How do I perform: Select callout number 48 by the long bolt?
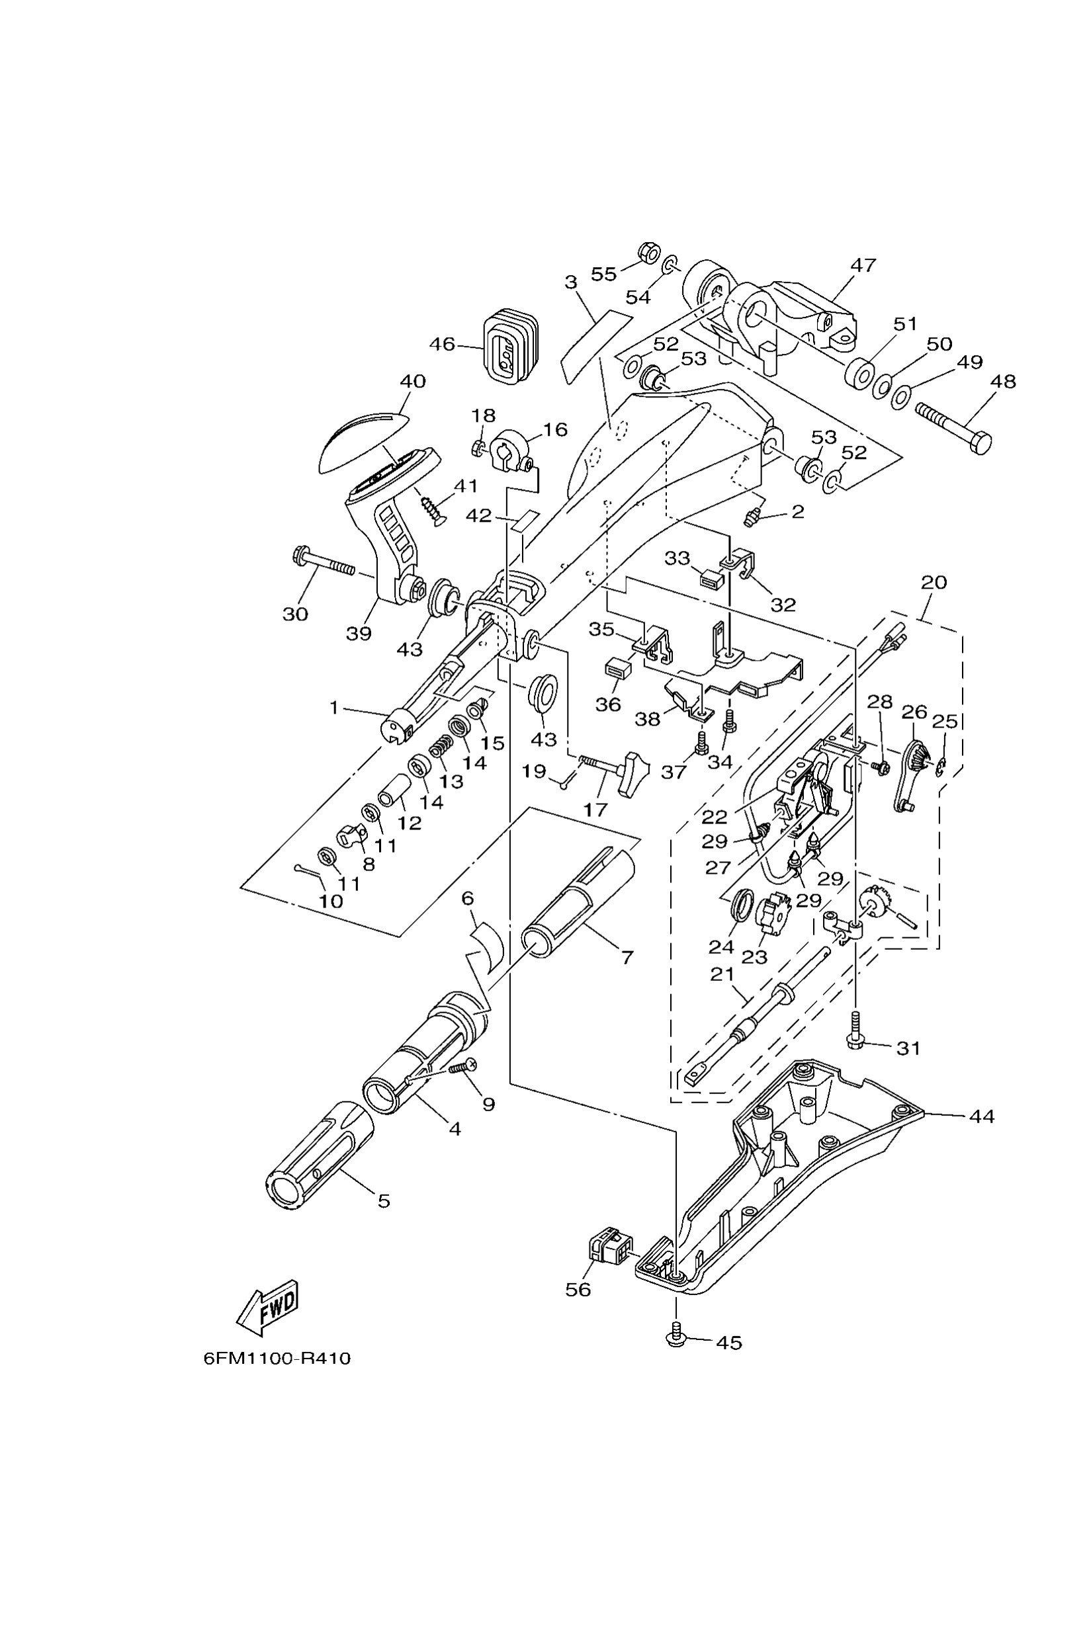(1002, 381)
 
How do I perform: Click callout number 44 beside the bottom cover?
(982, 1116)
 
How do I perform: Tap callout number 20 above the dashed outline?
(934, 581)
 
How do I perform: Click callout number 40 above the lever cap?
(414, 381)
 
